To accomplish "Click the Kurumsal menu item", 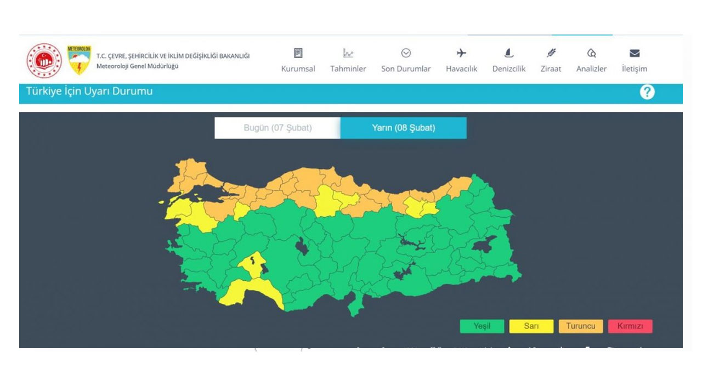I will click(298, 69).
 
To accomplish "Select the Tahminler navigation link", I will click(348, 69).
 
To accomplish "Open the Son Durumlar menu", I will click(406, 69).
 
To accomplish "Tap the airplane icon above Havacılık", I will click(461, 53).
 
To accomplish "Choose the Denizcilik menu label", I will click(509, 69).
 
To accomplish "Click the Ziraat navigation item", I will click(551, 69).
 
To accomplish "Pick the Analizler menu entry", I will click(591, 69).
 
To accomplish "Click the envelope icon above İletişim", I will click(635, 53).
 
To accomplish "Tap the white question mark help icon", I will click(647, 92).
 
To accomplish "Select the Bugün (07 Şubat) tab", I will click(278, 128).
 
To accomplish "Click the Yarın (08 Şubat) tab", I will click(403, 128).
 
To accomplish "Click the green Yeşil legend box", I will click(482, 326).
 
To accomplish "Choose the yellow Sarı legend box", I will click(531, 326).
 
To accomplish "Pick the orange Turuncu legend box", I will click(580, 326).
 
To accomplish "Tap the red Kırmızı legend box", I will click(630, 326).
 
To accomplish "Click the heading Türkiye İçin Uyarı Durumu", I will click(89, 92).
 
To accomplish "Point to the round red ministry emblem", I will click(44, 60).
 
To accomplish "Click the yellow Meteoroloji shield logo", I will click(79, 60).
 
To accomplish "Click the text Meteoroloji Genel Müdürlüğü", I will click(137, 66).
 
